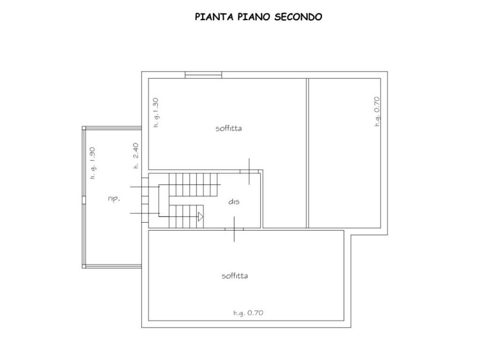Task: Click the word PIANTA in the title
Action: point(214,16)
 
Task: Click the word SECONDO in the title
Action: point(298,16)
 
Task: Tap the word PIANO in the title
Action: point(254,16)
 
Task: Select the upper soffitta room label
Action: point(229,128)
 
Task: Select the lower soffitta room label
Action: point(235,276)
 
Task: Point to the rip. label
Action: point(114,199)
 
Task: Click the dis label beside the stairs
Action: point(234,202)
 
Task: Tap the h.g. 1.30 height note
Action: point(156,112)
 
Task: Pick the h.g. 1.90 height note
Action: point(92,163)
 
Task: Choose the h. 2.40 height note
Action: point(135,156)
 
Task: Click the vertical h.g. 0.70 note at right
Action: point(377,112)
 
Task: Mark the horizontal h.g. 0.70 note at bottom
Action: point(248,313)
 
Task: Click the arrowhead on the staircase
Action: point(201,217)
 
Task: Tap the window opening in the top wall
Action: point(203,75)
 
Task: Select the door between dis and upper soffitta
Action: point(249,172)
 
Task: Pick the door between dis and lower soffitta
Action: point(234,229)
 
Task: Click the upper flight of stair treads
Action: point(193,185)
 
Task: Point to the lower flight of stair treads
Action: point(186,217)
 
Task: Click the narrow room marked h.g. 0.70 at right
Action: point(345,153)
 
